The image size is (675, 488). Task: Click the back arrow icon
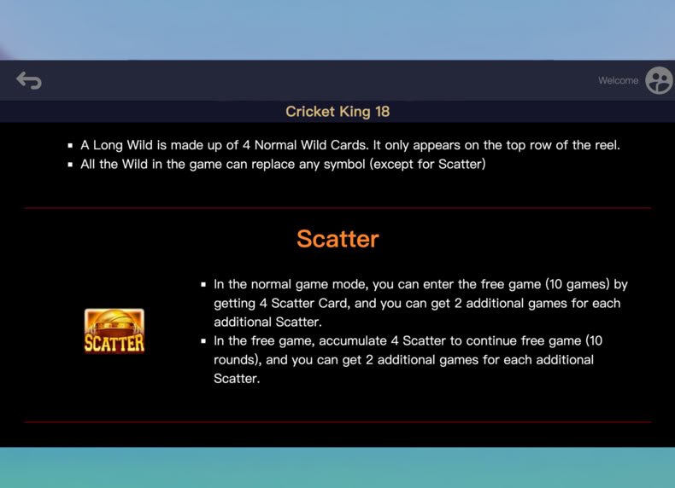pos(29,80)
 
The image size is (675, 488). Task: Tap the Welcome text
pos(618,80)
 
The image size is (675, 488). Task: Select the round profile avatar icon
pos(659,80)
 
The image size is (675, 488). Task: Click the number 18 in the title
pos(382,112)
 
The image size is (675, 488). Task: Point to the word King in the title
pos(355,112)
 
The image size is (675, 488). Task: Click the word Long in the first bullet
pos(108,145)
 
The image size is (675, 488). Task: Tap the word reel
pos(607,145)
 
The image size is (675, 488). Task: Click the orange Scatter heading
pos(338,239)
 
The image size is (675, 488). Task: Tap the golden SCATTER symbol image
pos(114,331)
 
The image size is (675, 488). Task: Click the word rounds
pos(237,360)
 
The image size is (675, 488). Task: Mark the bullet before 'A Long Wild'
pos(70,146)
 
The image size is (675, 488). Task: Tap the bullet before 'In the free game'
pos(203,341)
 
